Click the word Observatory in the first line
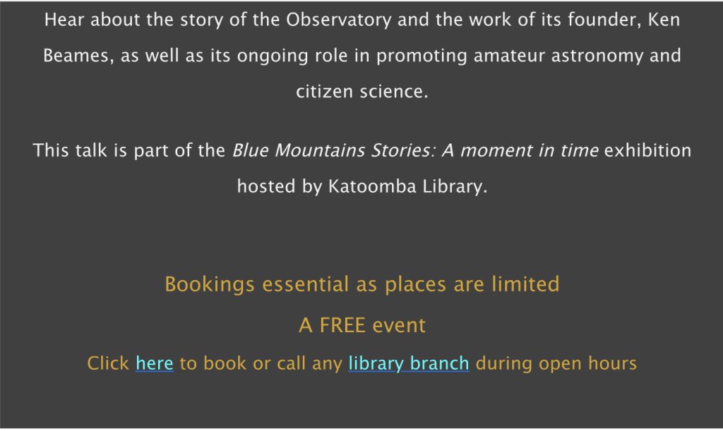[338, 20]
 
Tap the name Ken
[664, 20]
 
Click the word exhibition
[647, 150]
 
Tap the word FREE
[342, 325]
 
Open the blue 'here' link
[154, 364]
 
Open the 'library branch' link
[408, 364]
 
